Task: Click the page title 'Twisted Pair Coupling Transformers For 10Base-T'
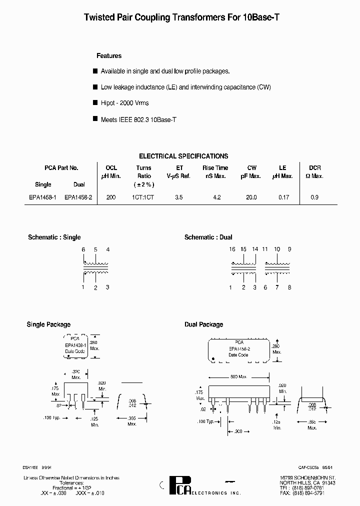(181, 17)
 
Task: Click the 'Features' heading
(109, 56)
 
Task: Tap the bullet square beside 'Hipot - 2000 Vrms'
(95, 102)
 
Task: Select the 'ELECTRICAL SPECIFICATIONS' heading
(183, 156)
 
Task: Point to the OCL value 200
(111, 197)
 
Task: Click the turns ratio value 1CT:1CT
(143, 197)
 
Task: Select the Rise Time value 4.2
(216, 197)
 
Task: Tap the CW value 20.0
(251, 197)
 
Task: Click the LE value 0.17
(283, 197)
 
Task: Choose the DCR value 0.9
(314, 197)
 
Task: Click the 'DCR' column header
(314, 168)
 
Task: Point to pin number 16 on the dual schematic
(232, 249)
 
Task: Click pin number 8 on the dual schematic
(289, 287)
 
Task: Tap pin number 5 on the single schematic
(95, 249)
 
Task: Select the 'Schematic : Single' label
(54, 237)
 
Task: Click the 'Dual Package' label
(203, 324)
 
